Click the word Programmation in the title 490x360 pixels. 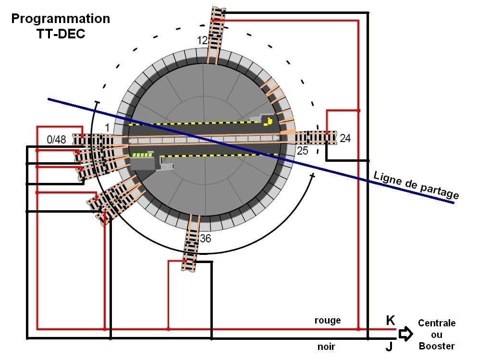(61, 19)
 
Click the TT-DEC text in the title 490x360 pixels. (61, 34)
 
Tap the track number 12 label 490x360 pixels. (202, 41)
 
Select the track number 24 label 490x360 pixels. (345, 139)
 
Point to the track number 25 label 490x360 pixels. (303, 151)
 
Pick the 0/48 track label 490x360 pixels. (57, 140)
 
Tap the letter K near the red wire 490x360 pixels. (391, 321)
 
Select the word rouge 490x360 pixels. (327, 320)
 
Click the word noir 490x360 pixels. (327, 347)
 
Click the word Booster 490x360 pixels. (436, 346)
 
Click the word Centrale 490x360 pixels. (436, 323)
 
